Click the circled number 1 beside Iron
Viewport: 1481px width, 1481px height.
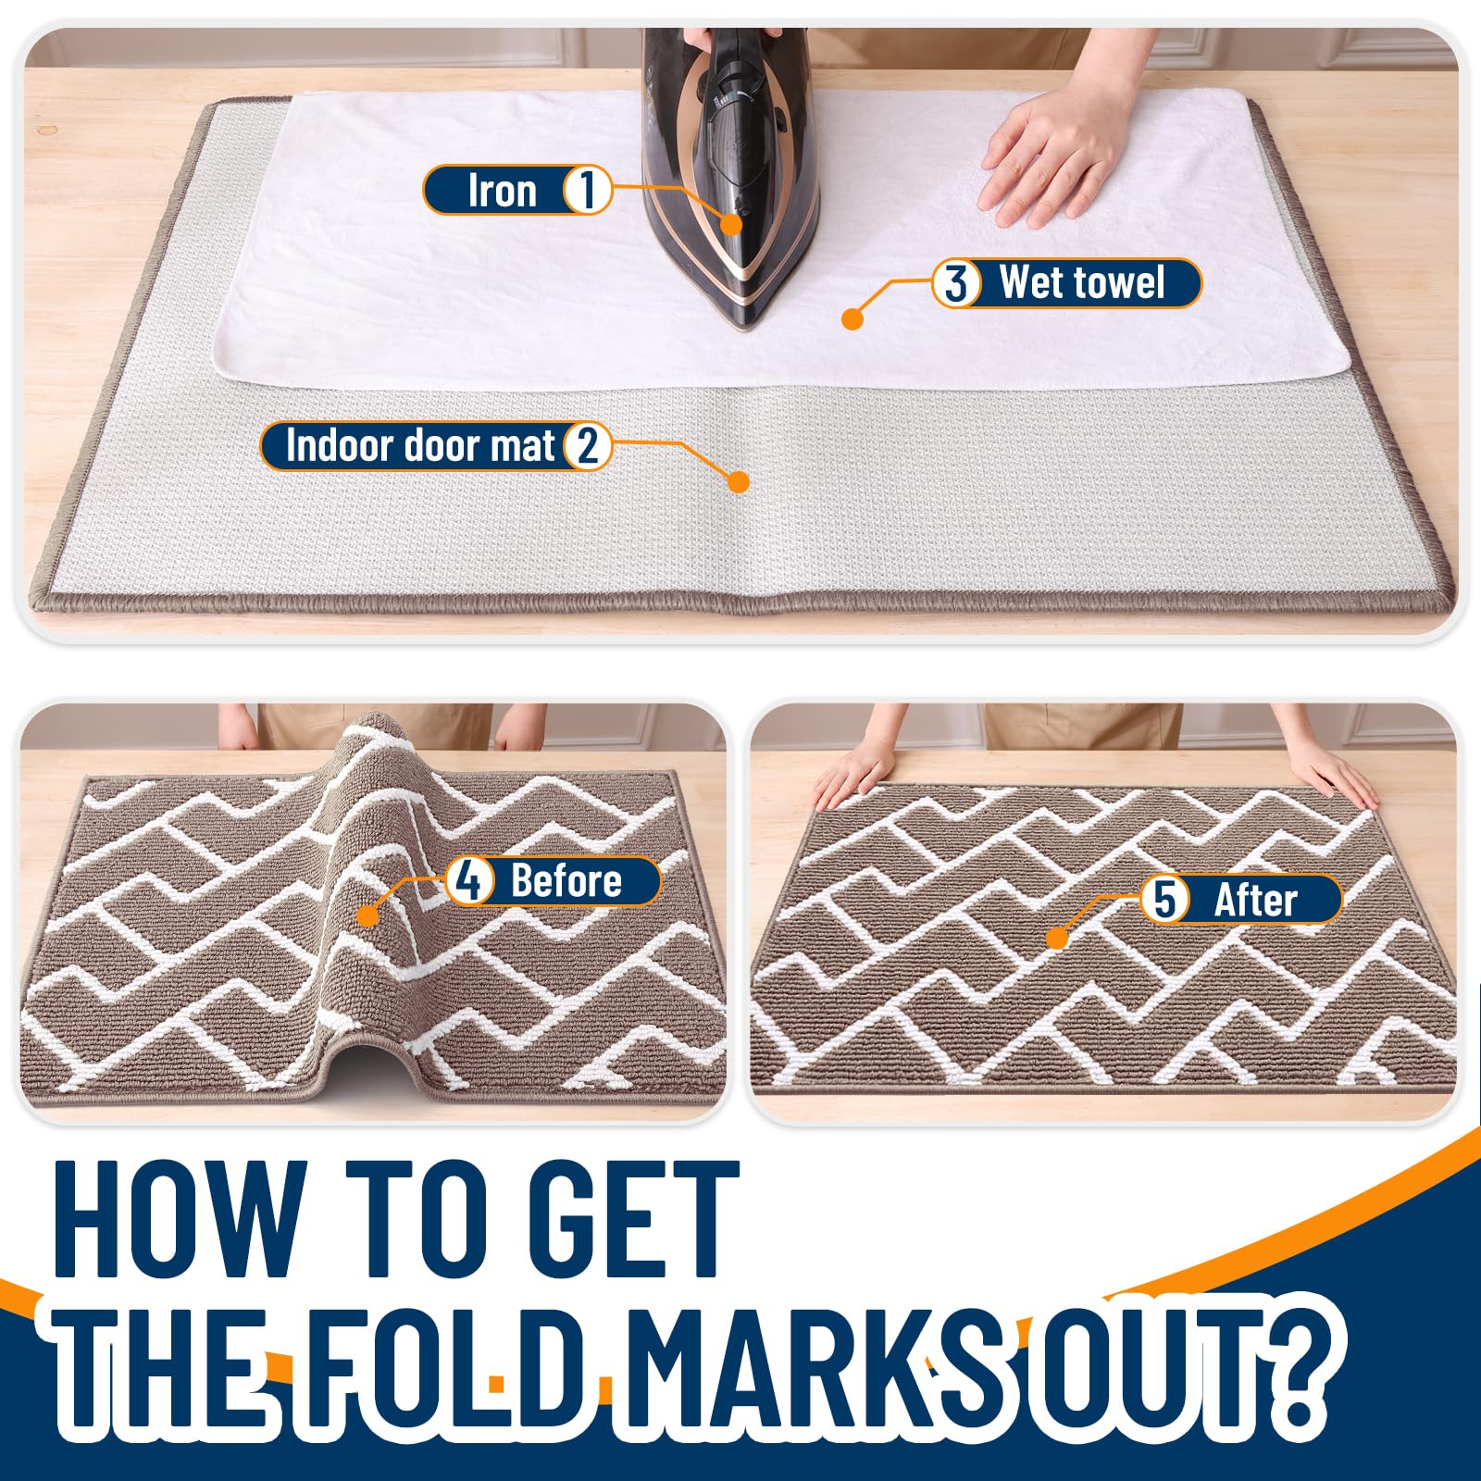pyautogui.click(x=586, y=190)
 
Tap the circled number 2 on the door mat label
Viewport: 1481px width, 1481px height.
pyautogui.click(x=587, y=445)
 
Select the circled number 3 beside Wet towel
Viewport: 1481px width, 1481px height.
pyautogui.click(x=956, y=282)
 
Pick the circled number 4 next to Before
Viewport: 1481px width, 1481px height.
pyautogui.click(x=469, y=880)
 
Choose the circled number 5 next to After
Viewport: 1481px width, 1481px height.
pyautogui.click(x=1164, y=899)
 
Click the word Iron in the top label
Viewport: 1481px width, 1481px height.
pyautogui.click(x=503, y=191)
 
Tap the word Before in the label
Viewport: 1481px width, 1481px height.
pyautogui.click(x=566, y=880)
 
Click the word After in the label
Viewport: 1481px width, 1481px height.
pyautogui.click(x=1255, y=900)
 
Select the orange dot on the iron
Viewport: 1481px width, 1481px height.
pyautogui.click(x=731, y=223)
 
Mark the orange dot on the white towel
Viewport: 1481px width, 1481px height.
pyautogui.click(x=853, y=319)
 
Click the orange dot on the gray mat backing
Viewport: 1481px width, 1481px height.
pyautogui.click(x=738, y=481)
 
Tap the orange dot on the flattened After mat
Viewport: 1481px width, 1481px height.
pyautogui.click(x=1057, y=939)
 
